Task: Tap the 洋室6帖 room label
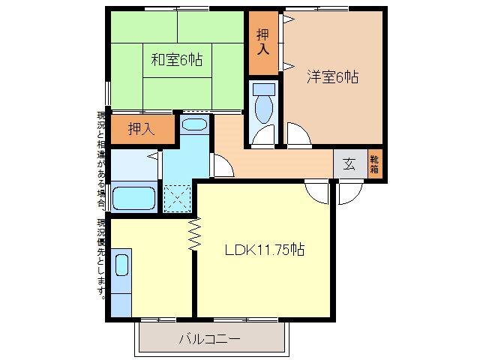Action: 332,76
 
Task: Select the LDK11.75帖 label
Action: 265,249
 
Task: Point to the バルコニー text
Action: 210,339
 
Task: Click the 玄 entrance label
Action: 349,164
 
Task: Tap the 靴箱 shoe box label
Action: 375,164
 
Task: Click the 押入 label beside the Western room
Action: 262,41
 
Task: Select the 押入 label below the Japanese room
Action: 140,129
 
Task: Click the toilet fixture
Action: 263,105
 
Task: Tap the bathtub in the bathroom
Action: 134,199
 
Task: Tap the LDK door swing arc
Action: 318,191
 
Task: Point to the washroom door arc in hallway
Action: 222,165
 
